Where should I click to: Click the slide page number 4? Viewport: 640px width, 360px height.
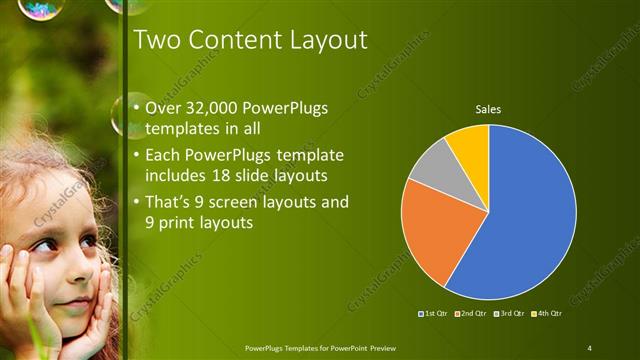click(590, 347)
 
